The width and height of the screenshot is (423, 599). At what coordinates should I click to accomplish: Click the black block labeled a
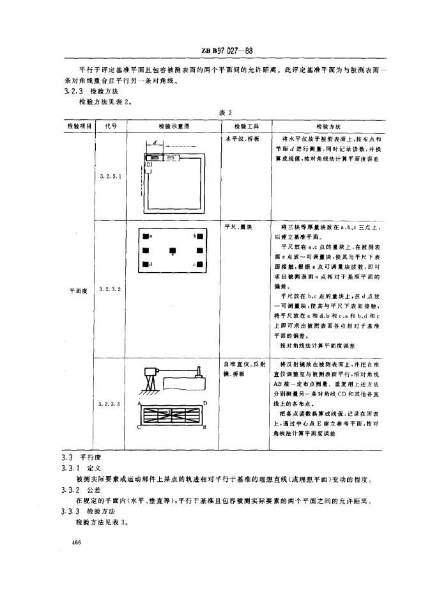click(x=146, y=236)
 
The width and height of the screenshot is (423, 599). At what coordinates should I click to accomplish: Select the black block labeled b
click(x=199, y=236)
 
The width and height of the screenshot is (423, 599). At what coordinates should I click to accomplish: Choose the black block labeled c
click(x=199, y=264)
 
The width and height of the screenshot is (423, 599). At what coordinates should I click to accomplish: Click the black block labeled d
click(x=146, y=264)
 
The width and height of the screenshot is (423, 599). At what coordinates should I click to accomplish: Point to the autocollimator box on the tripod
click(x=151, y=371)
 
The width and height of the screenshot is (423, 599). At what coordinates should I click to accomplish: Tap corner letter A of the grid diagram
click(x=139, y=403)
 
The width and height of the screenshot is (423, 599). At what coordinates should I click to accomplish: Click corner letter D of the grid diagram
click(x=204, y=403)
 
